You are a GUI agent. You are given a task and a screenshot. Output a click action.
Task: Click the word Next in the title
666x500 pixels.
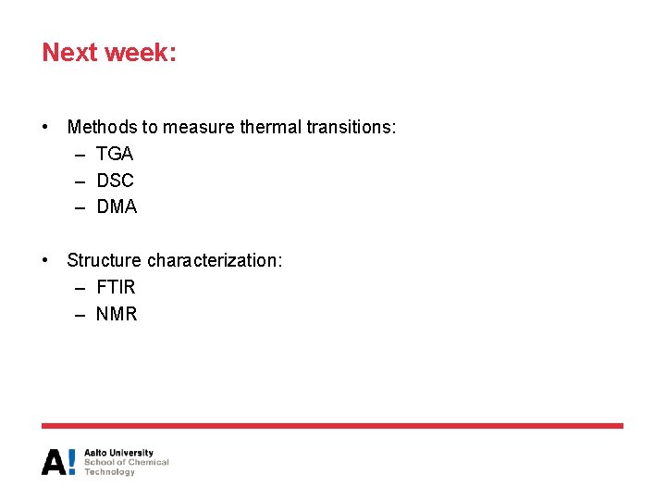[x=70, y=52]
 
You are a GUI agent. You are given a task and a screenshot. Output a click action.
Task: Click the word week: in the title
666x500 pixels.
[x=141, y=52]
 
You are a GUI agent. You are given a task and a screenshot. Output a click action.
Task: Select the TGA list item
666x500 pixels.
[x=115, y=154]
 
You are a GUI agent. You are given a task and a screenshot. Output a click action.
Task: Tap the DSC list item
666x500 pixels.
[x=115, y=181]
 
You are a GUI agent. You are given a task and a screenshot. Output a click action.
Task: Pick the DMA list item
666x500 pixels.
[x=117, y=207]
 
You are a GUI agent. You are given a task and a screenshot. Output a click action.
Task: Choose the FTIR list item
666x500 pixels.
[x=116, y=287]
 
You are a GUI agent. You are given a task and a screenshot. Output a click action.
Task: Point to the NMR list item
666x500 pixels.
[x=117, y=314]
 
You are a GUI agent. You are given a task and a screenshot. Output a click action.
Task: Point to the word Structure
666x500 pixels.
[x=104, y=261]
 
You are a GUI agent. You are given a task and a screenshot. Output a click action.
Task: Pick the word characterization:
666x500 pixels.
[x=215, y=261]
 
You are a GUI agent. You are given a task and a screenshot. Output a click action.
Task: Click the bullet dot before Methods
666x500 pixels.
[x=46, y=127]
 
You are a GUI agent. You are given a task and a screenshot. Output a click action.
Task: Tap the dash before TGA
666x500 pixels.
[x=80, y=155]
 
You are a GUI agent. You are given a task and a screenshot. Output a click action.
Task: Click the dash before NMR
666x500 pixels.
[x=80, y=315]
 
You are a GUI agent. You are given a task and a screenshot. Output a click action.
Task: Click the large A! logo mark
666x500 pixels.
[x=58, y=462]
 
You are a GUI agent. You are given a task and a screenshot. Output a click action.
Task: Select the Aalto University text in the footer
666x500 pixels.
[x=118, y=453]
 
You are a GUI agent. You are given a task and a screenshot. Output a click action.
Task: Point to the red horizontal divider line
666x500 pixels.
[x=332, y=426]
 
